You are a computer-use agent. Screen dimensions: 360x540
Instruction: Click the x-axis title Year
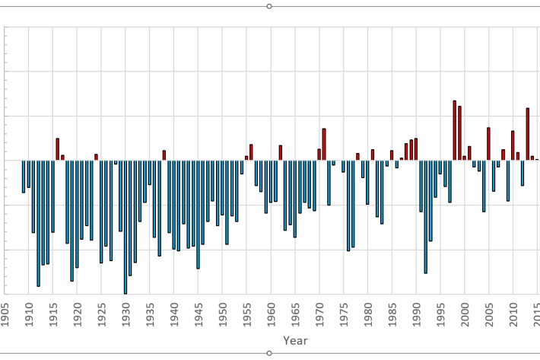[x=295, y=341]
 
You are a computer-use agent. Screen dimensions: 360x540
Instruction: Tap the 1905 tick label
[x=5, y=314]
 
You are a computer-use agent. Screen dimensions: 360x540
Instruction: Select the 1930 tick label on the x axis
[x=125, y=314]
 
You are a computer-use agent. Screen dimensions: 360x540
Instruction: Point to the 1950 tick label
[x=223, y=314]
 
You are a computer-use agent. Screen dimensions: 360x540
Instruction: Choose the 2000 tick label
[x=465, y=314]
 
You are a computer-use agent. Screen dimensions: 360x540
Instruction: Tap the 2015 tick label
[x=537, y=314]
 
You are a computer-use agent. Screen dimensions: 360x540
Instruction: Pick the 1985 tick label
[x=392, y=314]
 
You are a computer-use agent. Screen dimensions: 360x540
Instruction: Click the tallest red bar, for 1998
[x=455, y=130]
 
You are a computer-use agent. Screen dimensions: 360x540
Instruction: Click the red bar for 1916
[x=58, y=149]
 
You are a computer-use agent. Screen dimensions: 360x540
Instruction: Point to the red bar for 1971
[x=324, y=145]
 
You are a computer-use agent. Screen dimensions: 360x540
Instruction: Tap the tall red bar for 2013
[x=528, y=134]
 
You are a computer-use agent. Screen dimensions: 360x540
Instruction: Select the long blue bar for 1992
[x=426, y=216]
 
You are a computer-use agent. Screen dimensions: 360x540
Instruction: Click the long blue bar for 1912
[x=38, y=223]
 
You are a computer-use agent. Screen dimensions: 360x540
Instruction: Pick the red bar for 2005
[x=489, y=144]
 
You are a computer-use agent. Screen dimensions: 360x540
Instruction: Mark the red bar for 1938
[x=164, y=155]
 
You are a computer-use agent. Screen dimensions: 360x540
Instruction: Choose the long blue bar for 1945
[x=199, y=214]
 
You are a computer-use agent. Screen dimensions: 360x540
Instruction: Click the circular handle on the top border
[x=269, y=6]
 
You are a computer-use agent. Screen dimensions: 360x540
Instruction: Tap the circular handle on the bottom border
[x=269, y=353]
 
